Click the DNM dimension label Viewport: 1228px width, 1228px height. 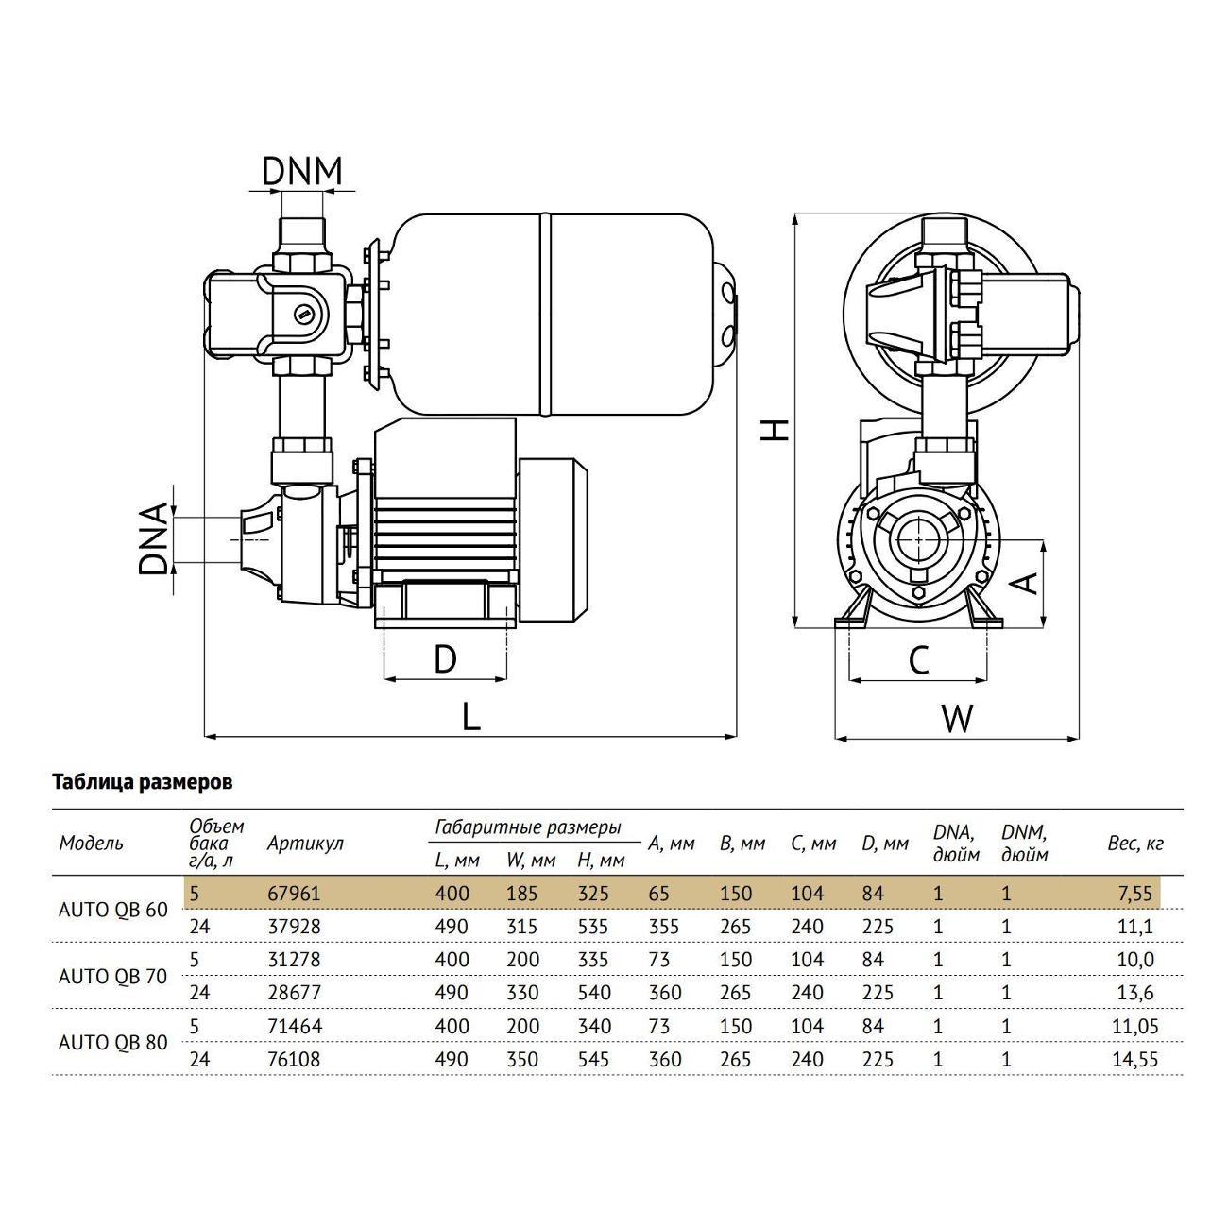(301, 170)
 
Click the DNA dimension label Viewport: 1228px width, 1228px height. (153, 538)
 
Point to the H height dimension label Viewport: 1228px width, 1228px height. (775, 429)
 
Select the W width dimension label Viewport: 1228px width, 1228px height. (957, 720)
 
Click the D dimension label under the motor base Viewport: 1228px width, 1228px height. (445, 658)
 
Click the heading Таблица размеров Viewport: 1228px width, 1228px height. (142, 782)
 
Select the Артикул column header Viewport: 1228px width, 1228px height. (305, 843)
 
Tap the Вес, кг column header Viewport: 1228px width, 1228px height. (1134, 843)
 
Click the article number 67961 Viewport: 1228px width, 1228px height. (295, 893)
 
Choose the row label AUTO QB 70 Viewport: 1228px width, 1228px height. (113, 976)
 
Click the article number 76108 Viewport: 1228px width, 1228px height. (295, 1059)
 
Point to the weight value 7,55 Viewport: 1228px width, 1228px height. (1134, 893)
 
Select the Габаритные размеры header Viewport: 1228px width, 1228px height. (527, 827)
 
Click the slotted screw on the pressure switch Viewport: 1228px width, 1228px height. (303, 314)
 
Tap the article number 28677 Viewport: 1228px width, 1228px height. (295, 993)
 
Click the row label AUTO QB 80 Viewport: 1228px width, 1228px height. (113, 1042)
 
